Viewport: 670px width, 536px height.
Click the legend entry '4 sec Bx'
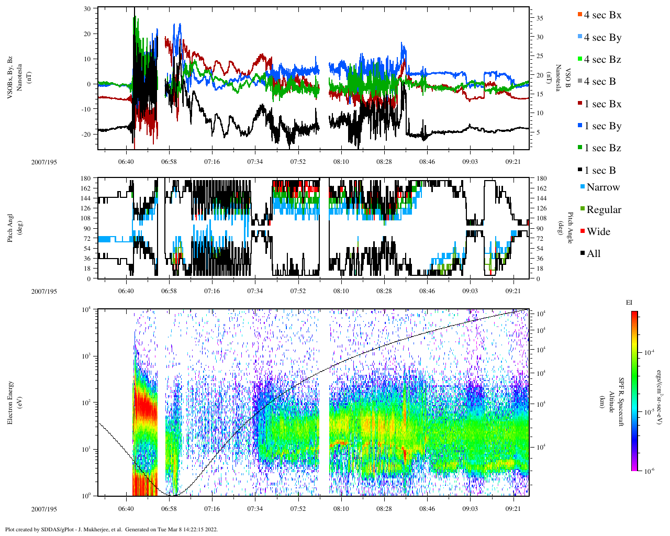602,15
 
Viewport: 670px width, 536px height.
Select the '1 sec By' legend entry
602,126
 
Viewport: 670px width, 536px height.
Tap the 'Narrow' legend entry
602,187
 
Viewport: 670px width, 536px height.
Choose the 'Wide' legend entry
598,232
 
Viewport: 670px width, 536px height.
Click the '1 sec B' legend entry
600,171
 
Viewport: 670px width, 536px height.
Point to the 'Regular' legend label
604,210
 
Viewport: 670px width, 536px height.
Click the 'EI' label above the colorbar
629,303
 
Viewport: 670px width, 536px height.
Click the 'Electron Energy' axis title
10,402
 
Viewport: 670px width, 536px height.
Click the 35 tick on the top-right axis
540,18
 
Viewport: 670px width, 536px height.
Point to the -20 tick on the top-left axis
85,134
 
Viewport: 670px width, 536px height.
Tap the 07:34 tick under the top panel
255,162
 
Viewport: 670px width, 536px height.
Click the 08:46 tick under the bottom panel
427,508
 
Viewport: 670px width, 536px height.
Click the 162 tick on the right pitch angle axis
541,188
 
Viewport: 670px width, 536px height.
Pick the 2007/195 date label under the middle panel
44,291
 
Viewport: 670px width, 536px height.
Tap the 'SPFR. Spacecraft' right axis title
622,402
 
